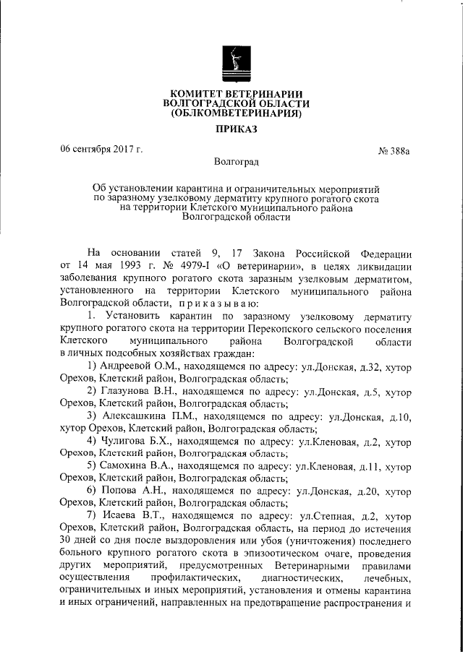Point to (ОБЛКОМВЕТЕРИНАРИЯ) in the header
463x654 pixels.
[x=231, y=113]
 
